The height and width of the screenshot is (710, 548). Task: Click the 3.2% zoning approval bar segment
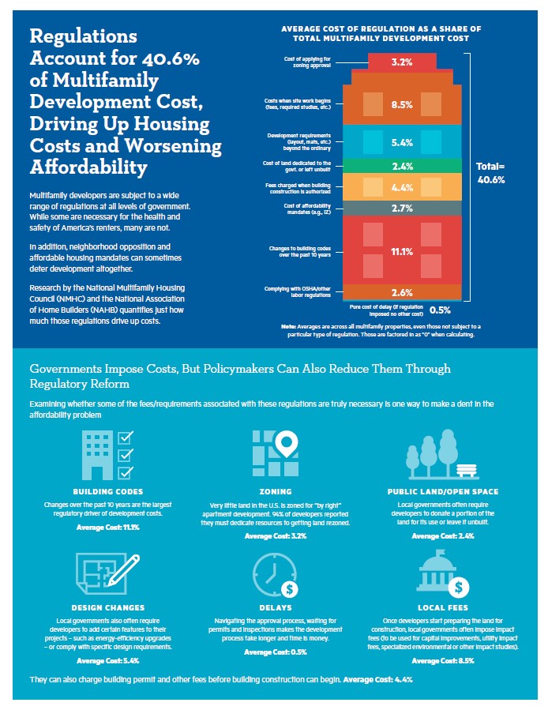tap(402, 61)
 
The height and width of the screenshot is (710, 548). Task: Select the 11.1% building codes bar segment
tap(402, 252)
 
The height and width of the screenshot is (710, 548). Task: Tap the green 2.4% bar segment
tap(402, 167)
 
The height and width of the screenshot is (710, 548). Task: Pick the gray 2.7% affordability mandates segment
tap(402, 208)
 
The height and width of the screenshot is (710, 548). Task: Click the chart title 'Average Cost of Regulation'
tap(381, 33)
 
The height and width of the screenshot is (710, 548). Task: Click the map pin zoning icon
tap(274, 455)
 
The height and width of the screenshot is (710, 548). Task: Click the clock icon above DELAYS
tap(274, 575)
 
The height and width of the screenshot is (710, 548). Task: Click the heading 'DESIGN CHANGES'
tap(107, 607)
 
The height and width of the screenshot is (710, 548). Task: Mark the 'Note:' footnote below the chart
tap(289, 326)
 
